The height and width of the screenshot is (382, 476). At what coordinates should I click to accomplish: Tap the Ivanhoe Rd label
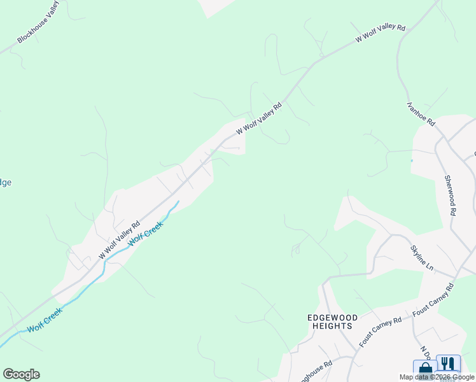(421, 113)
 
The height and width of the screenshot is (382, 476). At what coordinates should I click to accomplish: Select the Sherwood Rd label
(451, 195)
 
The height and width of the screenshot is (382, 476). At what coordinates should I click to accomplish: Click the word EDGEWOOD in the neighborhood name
(332, 317)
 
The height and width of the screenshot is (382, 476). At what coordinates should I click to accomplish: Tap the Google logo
(21, 374)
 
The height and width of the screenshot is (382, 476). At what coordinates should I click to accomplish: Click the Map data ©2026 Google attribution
(437, 378)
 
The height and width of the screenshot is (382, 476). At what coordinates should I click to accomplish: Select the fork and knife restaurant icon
(449, 364)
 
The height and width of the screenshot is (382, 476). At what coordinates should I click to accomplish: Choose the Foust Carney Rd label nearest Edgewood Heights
(381, 331)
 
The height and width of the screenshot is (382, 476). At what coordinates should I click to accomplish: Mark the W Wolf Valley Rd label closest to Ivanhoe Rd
(381, 34)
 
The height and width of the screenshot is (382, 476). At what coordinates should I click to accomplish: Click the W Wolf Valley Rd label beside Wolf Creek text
(119, 240)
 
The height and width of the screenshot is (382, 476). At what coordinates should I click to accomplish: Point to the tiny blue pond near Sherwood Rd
(412, 160)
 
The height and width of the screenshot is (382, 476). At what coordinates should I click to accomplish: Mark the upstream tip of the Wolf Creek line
(178, 202)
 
